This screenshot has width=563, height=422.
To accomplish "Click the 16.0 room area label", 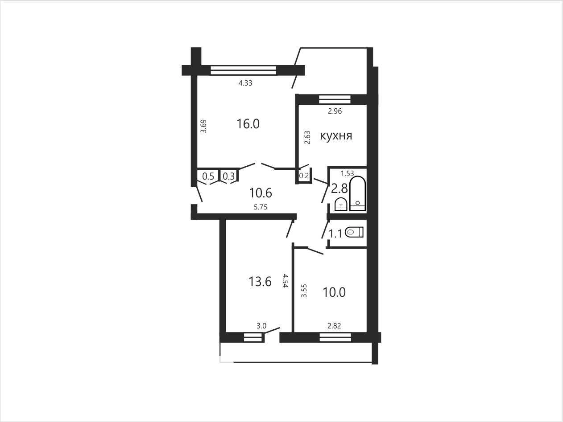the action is pos(248,124).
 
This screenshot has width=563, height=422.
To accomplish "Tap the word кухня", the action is pos(336,136).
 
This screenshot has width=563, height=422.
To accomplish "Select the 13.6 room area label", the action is pos(260,282).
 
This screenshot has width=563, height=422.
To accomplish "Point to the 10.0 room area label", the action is pos(334,292).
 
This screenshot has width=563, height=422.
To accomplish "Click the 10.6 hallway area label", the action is pos(261,193).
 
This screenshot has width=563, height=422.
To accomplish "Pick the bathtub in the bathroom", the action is pos(357,193).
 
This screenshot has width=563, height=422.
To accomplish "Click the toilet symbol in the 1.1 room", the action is pos(354,233).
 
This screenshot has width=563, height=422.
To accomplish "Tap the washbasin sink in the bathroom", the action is pos(341,205).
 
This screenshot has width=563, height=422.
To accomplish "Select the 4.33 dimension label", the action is pos(245,83).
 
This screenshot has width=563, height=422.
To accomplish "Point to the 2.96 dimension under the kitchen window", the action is pos(335,111).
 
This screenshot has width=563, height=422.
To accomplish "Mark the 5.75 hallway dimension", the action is pos(261,207).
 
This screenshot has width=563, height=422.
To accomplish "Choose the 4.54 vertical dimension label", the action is pos(285,281).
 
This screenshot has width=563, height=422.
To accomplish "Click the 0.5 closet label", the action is pos(208,176).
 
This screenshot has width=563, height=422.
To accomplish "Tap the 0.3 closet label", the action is pos(229,176).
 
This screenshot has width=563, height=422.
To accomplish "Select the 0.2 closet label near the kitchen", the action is pos(304,176).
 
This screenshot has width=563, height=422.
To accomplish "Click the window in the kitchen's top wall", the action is pos(335,99).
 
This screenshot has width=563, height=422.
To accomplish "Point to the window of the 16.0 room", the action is pos(243,70).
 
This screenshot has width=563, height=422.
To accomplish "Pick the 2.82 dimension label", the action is pos(334,326).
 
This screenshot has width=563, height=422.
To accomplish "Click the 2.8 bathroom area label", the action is pos(339,189).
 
